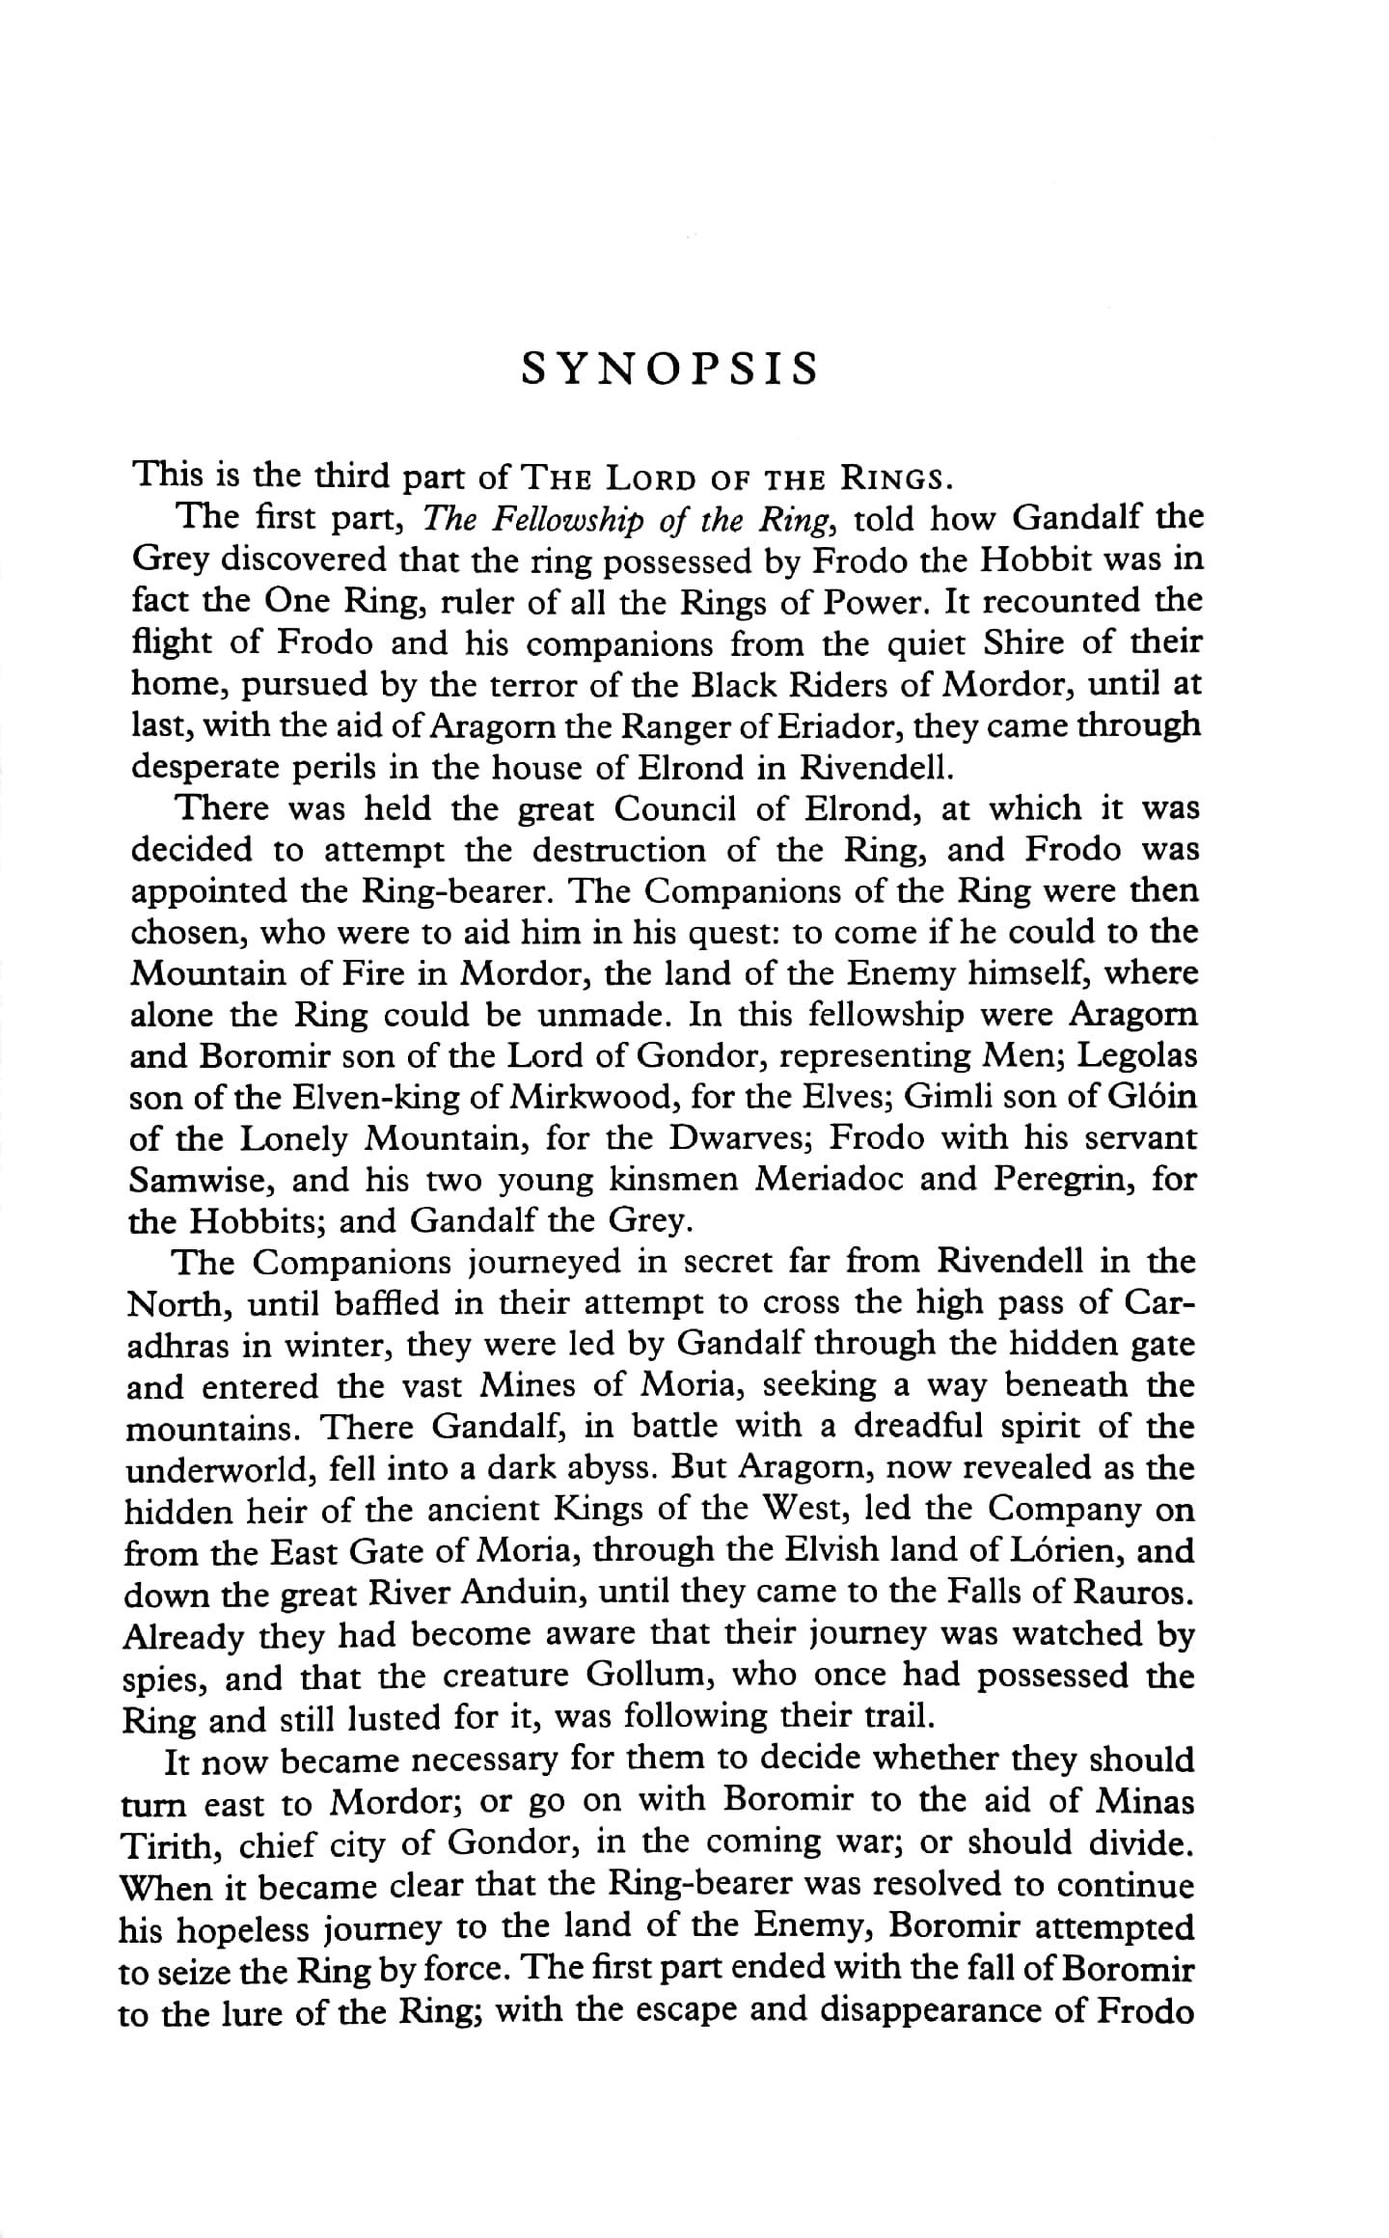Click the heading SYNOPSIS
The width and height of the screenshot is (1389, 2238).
point(668,369)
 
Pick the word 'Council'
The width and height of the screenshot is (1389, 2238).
point(679,807)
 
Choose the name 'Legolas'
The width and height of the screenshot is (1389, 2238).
point(1136,1055)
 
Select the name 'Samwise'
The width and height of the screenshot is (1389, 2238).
point(202,1180)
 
